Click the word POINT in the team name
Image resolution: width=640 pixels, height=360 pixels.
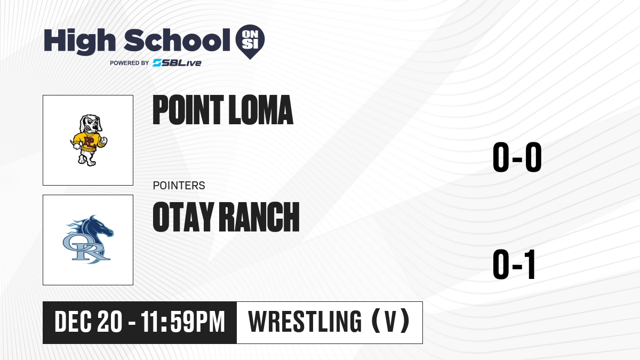pos(188,110)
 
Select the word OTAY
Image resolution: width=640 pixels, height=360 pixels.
pos(183,217)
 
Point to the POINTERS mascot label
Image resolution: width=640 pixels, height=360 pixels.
pos(179,186)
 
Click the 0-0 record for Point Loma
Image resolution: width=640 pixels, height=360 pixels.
pos(517,157)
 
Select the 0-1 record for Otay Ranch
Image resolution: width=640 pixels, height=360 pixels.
pos(514,265)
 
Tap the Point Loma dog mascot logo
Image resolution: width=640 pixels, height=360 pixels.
pos(89,140)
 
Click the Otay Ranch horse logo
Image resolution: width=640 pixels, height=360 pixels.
pos(88,239)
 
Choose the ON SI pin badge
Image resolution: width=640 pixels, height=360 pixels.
pos(250,42)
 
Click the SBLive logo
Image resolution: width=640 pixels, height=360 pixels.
pos(177,63)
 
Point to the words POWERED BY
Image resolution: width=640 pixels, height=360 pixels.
pos(130,63)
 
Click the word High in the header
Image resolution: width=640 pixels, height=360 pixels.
pos(79,41)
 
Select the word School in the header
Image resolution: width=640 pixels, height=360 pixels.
pos(177,40)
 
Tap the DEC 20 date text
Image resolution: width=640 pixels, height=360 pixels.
pos(89,322)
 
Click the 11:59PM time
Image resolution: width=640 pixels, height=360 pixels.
pos(183,322)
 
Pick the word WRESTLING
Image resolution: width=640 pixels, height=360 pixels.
pos(305,322)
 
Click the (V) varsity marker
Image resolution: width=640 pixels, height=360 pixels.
pos(391,321)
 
